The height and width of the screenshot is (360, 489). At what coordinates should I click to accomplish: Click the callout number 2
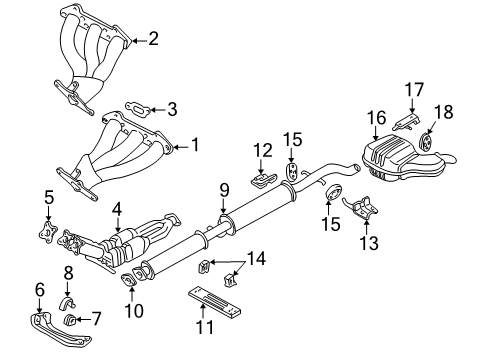pyautogui.click(x=153, y=40)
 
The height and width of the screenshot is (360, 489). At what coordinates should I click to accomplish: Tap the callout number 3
pyautogui.click(x=171, y=108)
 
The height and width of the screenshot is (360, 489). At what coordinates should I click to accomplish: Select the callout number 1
pyautogui.click(x=194, y=145)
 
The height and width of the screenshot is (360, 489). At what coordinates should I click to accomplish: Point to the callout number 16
pyautogui.click(x=376, y=119)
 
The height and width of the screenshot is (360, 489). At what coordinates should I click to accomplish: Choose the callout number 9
pyautogui.click(x=224, y=189)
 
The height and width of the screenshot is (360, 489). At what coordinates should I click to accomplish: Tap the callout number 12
pyautogui.click(x=262, y=150)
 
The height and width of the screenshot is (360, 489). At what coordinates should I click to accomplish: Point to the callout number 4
pyautogui.click(x=117, y=210)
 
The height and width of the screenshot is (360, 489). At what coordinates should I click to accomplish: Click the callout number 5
pyautogui.click(x=48, y=197)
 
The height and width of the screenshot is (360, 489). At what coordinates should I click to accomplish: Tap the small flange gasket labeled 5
pyautogui.click(x=47, y=236)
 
